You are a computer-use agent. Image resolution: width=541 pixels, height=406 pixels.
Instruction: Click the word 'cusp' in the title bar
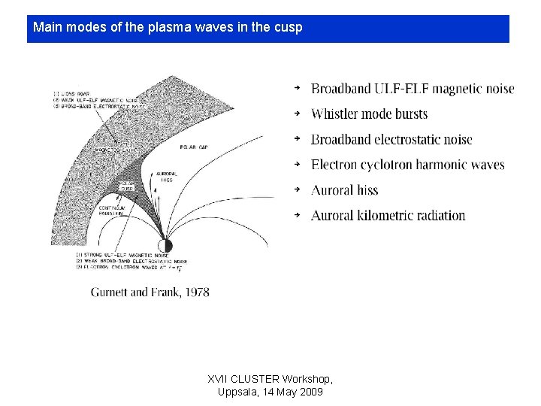click(x=289, y=29)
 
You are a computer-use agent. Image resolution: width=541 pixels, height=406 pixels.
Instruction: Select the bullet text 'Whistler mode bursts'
click(x=369, y=114)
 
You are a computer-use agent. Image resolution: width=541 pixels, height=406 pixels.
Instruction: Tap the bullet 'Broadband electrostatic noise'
click(x=391, y=140)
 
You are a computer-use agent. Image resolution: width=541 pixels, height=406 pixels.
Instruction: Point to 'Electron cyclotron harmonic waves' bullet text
click(x=407, y=165)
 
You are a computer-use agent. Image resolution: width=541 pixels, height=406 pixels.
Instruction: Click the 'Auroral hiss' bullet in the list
click(x=344, y=190)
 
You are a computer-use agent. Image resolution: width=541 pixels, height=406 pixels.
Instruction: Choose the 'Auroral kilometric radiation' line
click(x=388, y=216)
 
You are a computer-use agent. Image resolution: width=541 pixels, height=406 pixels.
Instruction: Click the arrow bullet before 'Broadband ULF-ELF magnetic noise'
click(x=297, y=89)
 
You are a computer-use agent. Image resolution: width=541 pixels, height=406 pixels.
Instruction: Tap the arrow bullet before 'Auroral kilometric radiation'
click(x=297, y=215)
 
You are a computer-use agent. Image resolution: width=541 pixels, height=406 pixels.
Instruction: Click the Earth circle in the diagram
click(x=165, y=245)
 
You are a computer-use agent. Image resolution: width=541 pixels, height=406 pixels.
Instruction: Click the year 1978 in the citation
click(x=195, y=292)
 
